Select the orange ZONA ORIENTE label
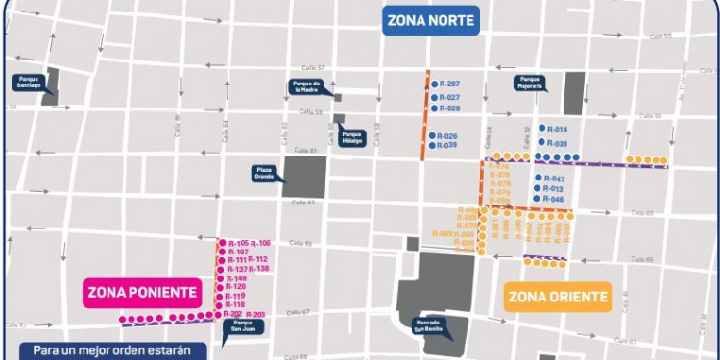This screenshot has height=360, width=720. click(558, 296)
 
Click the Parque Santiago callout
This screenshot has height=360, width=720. click(28, 83)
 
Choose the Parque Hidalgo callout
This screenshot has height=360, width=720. click(351, 138)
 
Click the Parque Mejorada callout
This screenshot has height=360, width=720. click(531, 83)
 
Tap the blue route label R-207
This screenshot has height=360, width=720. click(448, 84)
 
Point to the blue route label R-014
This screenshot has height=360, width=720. click(556, 129)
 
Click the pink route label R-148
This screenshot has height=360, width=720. click(236, 278)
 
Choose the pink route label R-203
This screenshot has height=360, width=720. click(256, 315)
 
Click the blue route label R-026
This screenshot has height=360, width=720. click(447, 135)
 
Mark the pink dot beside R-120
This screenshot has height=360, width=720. click(220, 287)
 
